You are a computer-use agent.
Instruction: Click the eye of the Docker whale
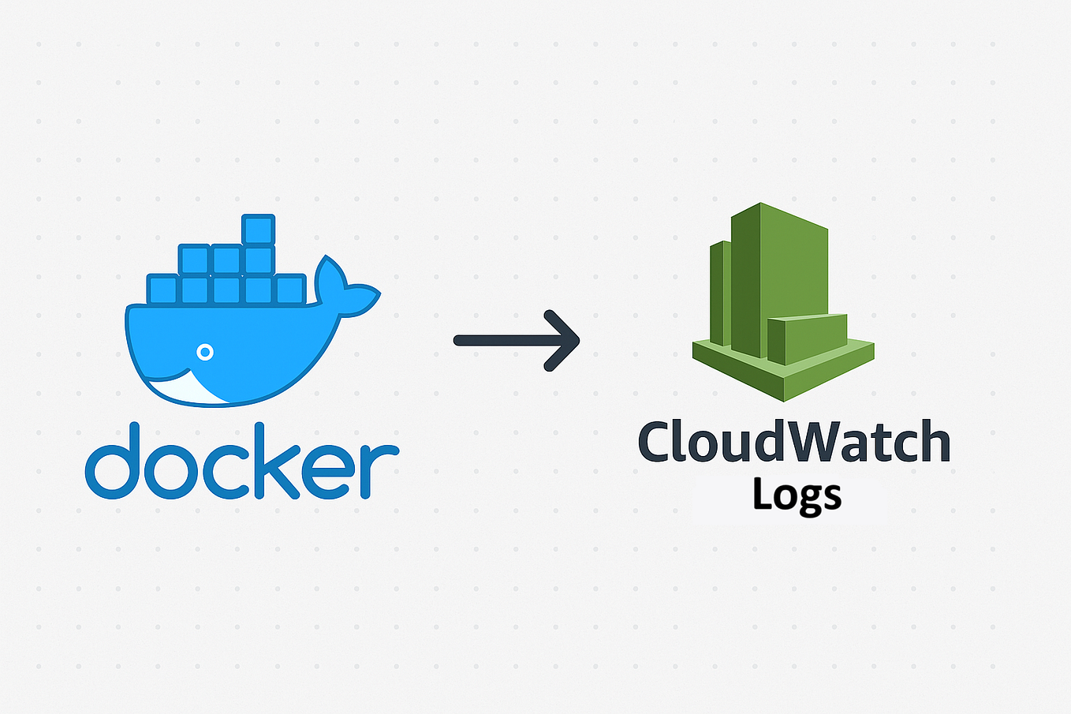tap(205, 352)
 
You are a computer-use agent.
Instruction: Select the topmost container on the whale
tap(259, 230)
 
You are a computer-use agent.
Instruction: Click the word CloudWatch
tap(794, 442)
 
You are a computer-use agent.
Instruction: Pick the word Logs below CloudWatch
tap(797, 495)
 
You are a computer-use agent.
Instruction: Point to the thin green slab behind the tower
tap(719, 292)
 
